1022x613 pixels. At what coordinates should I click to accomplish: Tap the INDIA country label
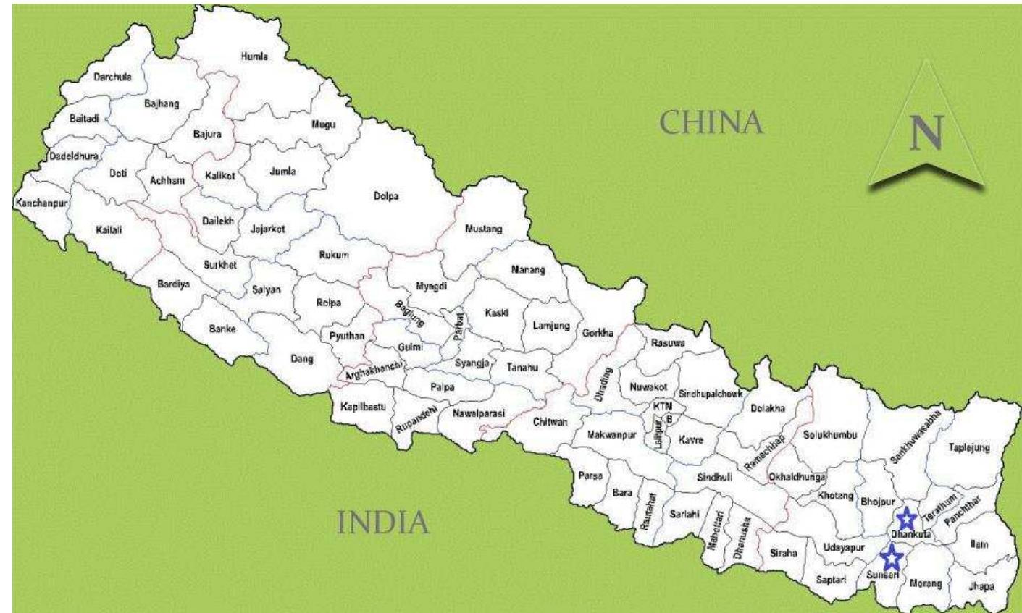coord(384,522)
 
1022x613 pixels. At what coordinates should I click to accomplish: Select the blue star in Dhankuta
coord(905,518)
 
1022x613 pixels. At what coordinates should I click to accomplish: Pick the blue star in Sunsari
coord(892,557)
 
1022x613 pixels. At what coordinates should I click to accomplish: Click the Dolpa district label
coord(387,196)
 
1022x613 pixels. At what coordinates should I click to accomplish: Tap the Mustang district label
coord(483,229)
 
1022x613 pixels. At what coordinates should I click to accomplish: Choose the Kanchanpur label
coord(41,203)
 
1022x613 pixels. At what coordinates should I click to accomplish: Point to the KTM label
coord(662,407)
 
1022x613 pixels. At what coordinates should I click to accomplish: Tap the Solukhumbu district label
coord(830,435)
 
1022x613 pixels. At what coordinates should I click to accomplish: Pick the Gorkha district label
coord(598,333)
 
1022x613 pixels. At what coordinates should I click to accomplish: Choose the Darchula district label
coord(113,77)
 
